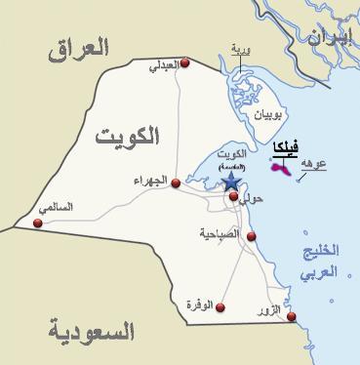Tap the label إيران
click(x=329, y=38)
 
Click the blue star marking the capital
click(x=230, y=181)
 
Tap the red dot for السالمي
click(x=38, y=223)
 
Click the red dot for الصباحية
click(x=251, y=236)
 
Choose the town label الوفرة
click(x=198, y=305)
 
